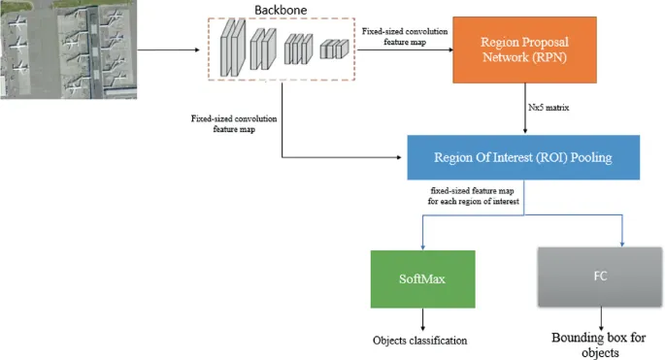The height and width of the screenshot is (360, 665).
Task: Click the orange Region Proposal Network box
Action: point(524,51)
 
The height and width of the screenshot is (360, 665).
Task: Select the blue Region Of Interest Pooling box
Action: point(509,153)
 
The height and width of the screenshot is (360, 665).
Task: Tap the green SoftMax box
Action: point(422,278)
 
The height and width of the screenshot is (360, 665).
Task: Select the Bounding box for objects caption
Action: point(599,345)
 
